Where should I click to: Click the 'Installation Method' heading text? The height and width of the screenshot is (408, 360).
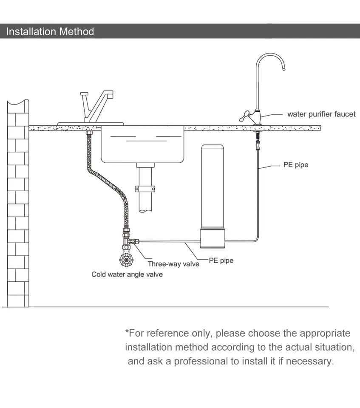(x=50, y=31)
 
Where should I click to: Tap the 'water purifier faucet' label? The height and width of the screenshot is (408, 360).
(x=321, y=114)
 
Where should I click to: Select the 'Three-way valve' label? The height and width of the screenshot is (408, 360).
(x=173, y=264)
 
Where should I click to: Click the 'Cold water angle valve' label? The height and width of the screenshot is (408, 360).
(x=127, y=275)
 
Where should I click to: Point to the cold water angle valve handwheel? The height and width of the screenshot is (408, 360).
(x=126, y=258)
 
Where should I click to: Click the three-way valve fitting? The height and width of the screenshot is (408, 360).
(x=127, y=242)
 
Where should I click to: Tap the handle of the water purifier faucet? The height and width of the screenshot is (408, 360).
(x=244, y=116)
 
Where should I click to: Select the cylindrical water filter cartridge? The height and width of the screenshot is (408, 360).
(x=212, y=187)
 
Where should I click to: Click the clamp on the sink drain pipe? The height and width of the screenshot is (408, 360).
(x=145, y=188)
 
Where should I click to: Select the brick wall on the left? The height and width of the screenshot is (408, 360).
(x=17, y=204)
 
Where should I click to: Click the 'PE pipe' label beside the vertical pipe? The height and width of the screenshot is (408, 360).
(x=296, y=164)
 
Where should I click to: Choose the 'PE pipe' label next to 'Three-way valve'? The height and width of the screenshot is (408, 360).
(x=221, y=261)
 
